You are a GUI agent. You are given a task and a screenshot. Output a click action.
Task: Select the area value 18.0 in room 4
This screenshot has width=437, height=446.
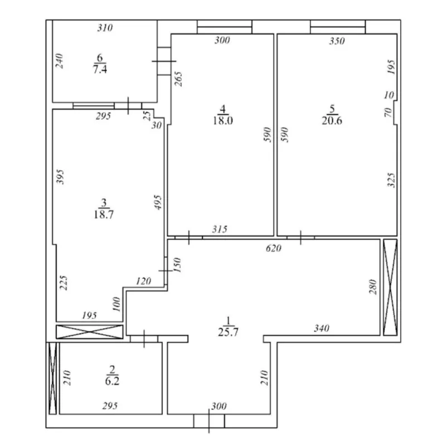(x=222, y=121)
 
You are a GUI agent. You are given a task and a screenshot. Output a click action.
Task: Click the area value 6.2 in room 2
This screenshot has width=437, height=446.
(x=111, y=381)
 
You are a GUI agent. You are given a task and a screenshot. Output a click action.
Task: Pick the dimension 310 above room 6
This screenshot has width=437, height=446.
(x=105, y=28)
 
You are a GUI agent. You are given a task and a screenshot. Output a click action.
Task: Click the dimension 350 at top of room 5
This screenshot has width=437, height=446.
(x=337, y=41)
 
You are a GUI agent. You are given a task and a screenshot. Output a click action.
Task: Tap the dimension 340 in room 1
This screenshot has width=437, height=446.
(x=321, y=329)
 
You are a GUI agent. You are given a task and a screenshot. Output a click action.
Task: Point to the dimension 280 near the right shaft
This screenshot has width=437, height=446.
(x=373, y=287)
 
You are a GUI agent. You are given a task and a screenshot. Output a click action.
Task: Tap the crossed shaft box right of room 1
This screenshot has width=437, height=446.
(x=389, y=287)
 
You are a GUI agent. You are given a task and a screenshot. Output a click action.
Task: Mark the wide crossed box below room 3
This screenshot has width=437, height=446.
(x=89, y=332)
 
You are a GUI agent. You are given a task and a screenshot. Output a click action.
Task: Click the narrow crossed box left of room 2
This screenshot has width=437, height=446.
(x=52, y=378)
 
